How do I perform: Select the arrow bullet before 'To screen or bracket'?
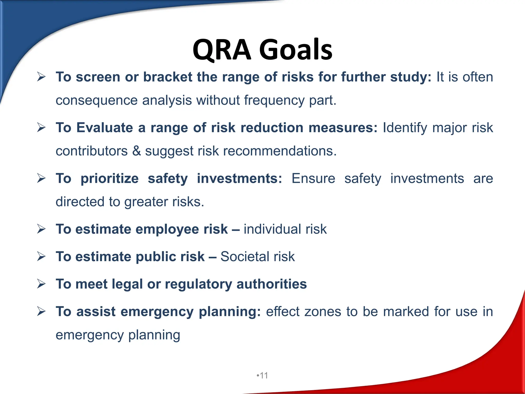coord(41,77)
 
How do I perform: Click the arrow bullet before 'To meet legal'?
coord(41,284)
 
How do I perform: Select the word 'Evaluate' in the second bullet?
coord(105,127)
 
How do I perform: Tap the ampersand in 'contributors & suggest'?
coord(136,151)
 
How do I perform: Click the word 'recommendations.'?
coord(280,151)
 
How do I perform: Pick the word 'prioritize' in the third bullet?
coord(109,179)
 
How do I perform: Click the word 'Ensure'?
coord(313,179)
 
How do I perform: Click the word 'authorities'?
coord(271,284)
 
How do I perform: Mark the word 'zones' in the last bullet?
coord(323,312)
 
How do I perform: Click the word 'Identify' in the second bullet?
coord(405,128)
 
